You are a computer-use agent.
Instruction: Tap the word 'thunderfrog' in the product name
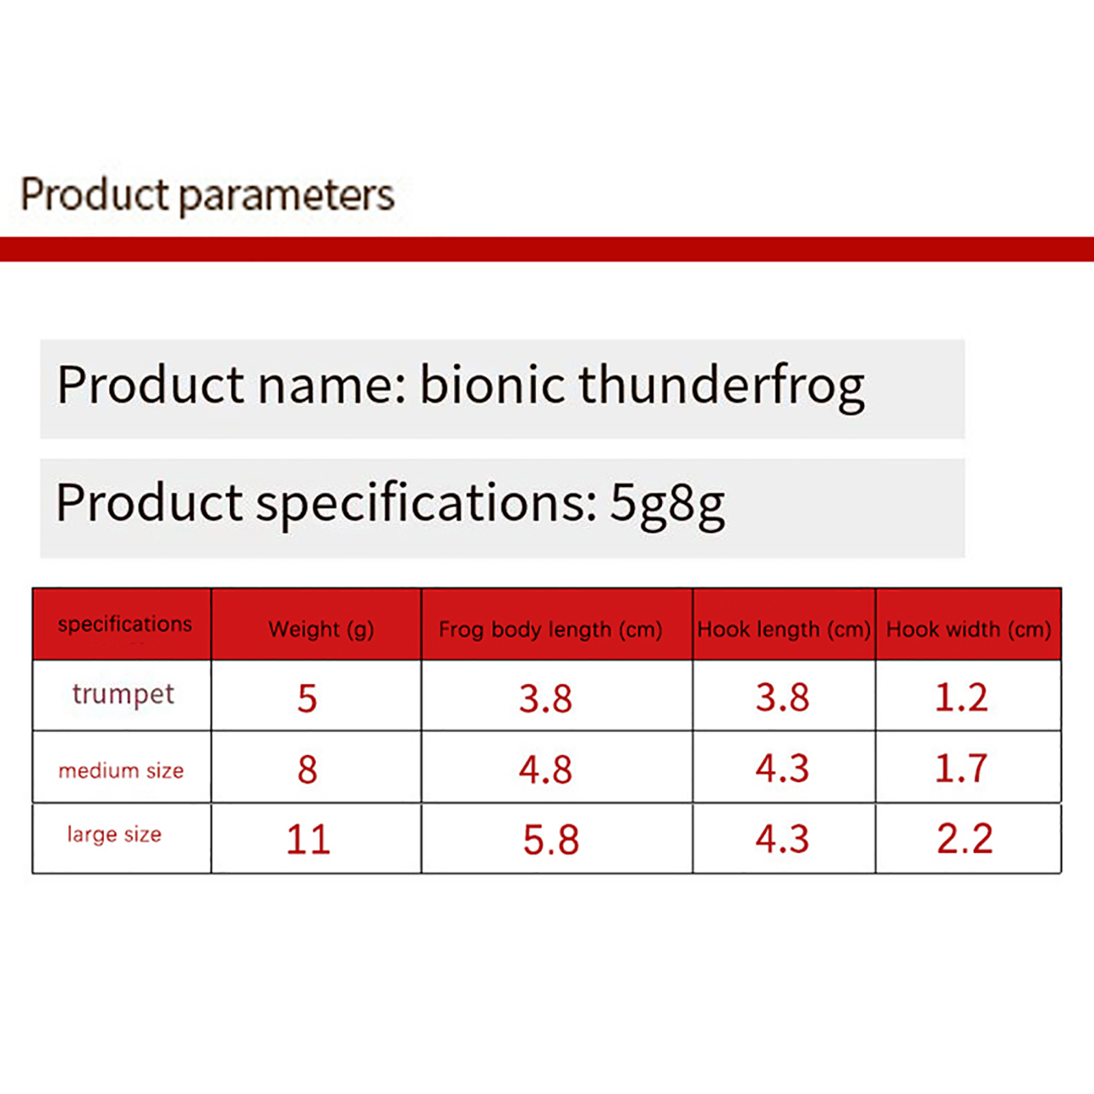[x=721, y=387]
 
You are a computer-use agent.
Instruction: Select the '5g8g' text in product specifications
[x=667, y=505]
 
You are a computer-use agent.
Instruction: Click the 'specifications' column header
[x=124, y=624]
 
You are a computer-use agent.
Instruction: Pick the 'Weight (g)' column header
[x=321, y=630]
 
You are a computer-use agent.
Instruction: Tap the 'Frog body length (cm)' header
[x=550, y=630]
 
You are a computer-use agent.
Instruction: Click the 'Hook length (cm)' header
[x=784, y=630]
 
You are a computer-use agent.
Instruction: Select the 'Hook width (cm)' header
[x=968, y=630]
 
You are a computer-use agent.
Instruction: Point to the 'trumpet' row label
[x=123, y=695]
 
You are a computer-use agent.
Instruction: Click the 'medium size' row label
[x=121, y=771]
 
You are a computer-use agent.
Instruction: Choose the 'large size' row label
[x=114, y=835]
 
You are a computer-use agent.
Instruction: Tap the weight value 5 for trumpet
[x=307, y=699]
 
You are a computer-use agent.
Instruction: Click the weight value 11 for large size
[x=308, y=840]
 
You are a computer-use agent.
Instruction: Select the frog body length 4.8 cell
[x=545, y=769]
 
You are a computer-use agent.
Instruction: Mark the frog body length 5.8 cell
[x=550, y=840]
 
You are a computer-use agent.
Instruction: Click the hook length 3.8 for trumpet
[x=782, y=698]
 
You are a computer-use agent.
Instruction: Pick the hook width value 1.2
[x=961, y=698]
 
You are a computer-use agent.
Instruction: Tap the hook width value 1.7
[x=961, y=769]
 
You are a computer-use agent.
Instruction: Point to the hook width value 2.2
[x=965, y=839]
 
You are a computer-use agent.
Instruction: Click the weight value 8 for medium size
[x=307, y=769]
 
